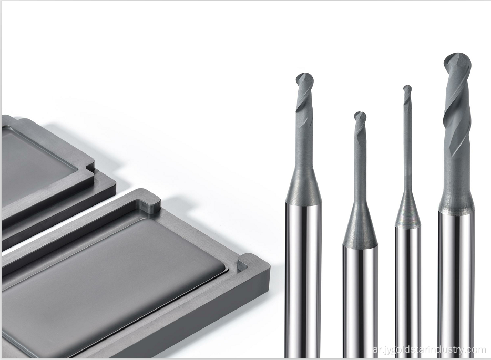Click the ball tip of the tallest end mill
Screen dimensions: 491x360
point(457,63)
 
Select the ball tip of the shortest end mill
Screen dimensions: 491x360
point(360,117)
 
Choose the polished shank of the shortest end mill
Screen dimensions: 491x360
point(360,302)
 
